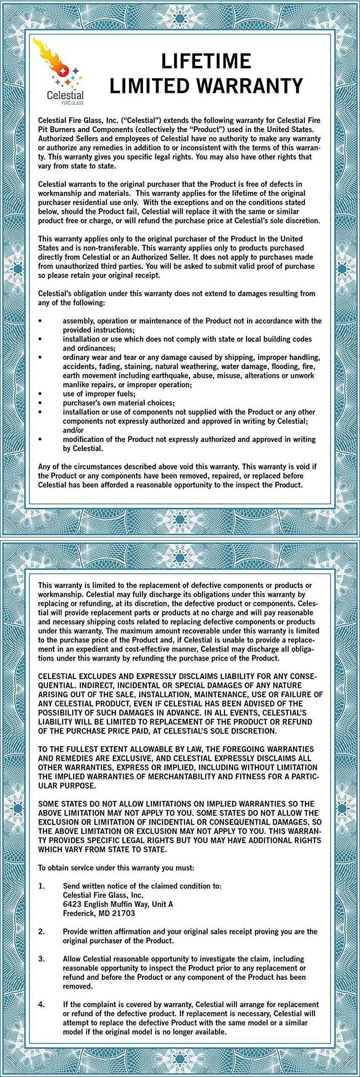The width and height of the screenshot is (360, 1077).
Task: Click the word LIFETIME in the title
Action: click(x=206, y=61)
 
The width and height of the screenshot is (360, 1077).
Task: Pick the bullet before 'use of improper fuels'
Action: click(x=40, y=394)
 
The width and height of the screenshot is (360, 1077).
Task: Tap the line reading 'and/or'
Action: click(x=73, y=430)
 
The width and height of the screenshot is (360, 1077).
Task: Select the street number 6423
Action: click(x=72, y=904)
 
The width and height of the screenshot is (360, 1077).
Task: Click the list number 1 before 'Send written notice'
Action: click(x=42, y=886)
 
